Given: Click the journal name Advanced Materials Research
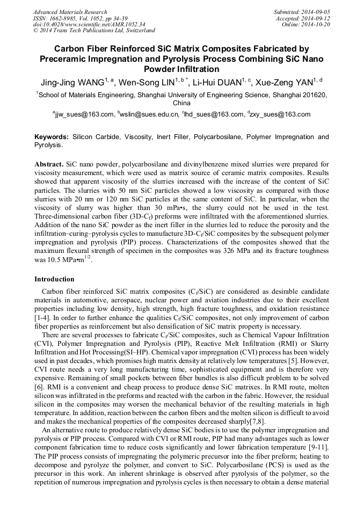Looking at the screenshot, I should (x=70, y=12).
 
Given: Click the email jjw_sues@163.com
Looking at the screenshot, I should (x=83, y=114).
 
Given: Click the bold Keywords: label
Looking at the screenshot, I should (x=52, y=137).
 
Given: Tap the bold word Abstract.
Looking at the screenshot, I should (x=49, y=163).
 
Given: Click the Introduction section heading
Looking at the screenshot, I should (x=54, y=279).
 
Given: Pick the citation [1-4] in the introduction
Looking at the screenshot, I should (x=43, y=318).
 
